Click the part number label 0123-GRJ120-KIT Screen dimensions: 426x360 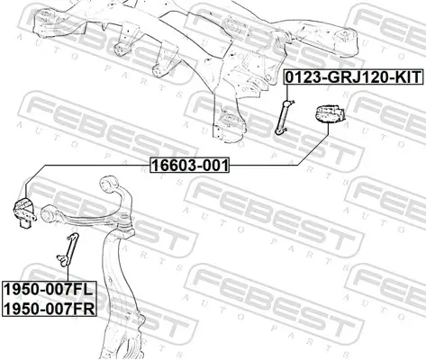point(354,77)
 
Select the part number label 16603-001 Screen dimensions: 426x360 point(190,165)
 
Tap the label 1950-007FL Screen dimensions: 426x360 point(50,290)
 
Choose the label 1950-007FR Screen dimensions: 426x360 point(50,308)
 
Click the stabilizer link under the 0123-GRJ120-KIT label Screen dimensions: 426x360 point(285,117)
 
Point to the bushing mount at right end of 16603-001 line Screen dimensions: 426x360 point(329,113)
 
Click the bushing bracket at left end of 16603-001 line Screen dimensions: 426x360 point(25,213)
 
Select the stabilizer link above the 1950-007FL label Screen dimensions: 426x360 point(68,249)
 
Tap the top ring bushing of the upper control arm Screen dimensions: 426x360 point(109,184)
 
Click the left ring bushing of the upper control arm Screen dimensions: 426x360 point(49,213)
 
